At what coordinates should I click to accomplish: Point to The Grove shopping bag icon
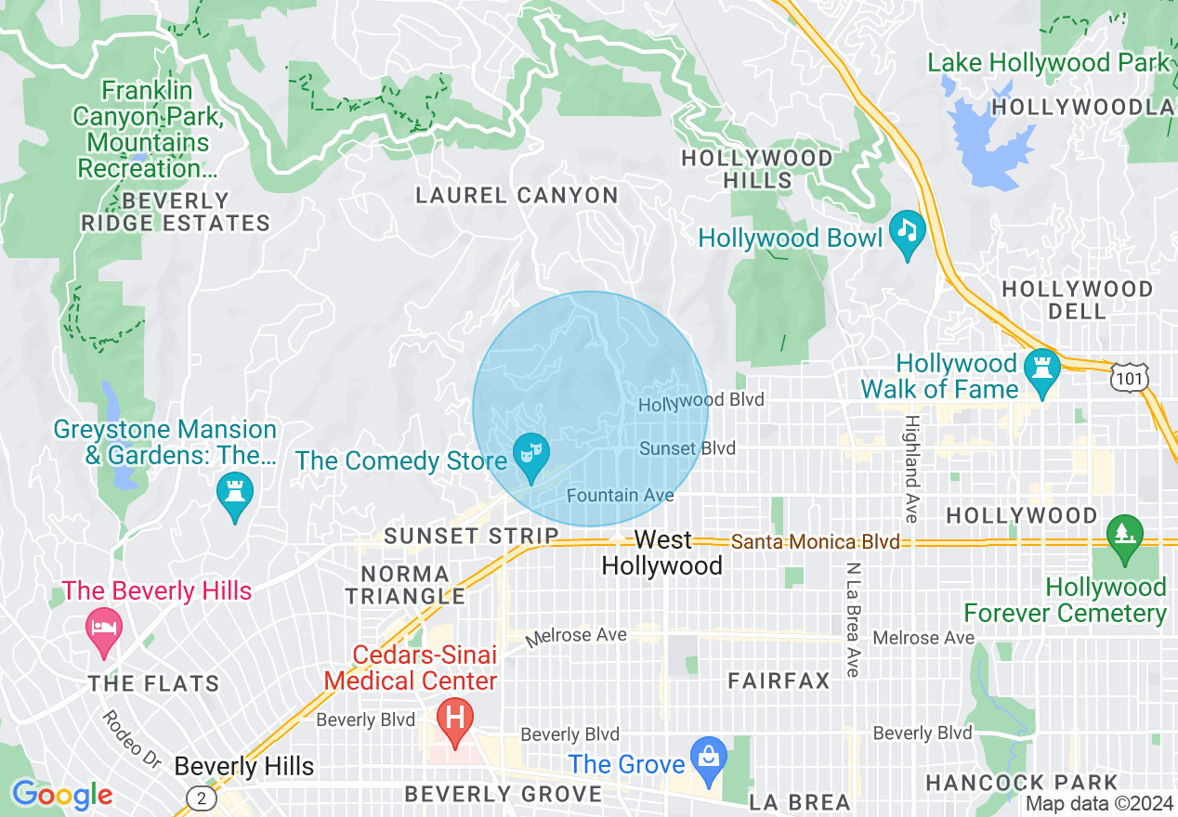(x=708, y=757)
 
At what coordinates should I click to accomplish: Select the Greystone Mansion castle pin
(x=235, y=494)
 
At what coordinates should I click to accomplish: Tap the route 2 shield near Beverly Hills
(x=201, y=798)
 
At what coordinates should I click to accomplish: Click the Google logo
(x=62, y=795)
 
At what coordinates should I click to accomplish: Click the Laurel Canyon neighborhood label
(x=517, y=196)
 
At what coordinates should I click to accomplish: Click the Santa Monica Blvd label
(x=815, y=541)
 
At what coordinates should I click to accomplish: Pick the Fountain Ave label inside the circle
(x=620, y=496)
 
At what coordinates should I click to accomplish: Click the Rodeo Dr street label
(x=132, y=738)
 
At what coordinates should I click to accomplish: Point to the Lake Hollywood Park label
(x=1049, y=63)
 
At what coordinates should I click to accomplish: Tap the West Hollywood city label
(x=662, y=553)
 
